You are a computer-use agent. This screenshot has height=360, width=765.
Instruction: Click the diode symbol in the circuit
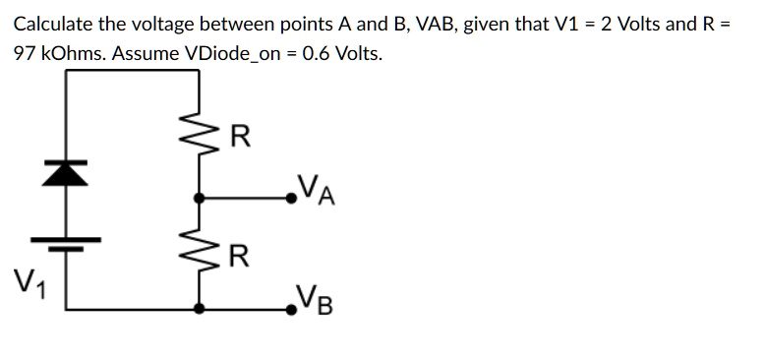(x=68, y=173)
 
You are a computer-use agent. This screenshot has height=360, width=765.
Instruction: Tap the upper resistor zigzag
(x=201, y=139)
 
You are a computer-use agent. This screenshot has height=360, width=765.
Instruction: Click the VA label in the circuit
(x=318, y=187)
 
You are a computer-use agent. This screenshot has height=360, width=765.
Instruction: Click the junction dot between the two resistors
(x=201, y=197)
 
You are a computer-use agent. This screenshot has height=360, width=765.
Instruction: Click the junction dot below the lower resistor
(x=201, y=309)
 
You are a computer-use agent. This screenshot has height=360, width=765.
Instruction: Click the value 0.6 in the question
(x=317, y=52)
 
